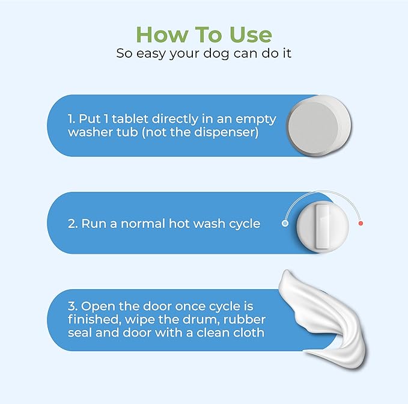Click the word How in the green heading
point(162,34)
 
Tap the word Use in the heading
point(251,34)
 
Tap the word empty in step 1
point(256,120)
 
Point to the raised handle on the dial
point(322,227)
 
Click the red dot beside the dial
point(361,223)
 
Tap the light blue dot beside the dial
point(285,223)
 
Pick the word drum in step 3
point(198,319)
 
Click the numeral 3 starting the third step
point(71,307)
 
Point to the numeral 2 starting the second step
point(71,224)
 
